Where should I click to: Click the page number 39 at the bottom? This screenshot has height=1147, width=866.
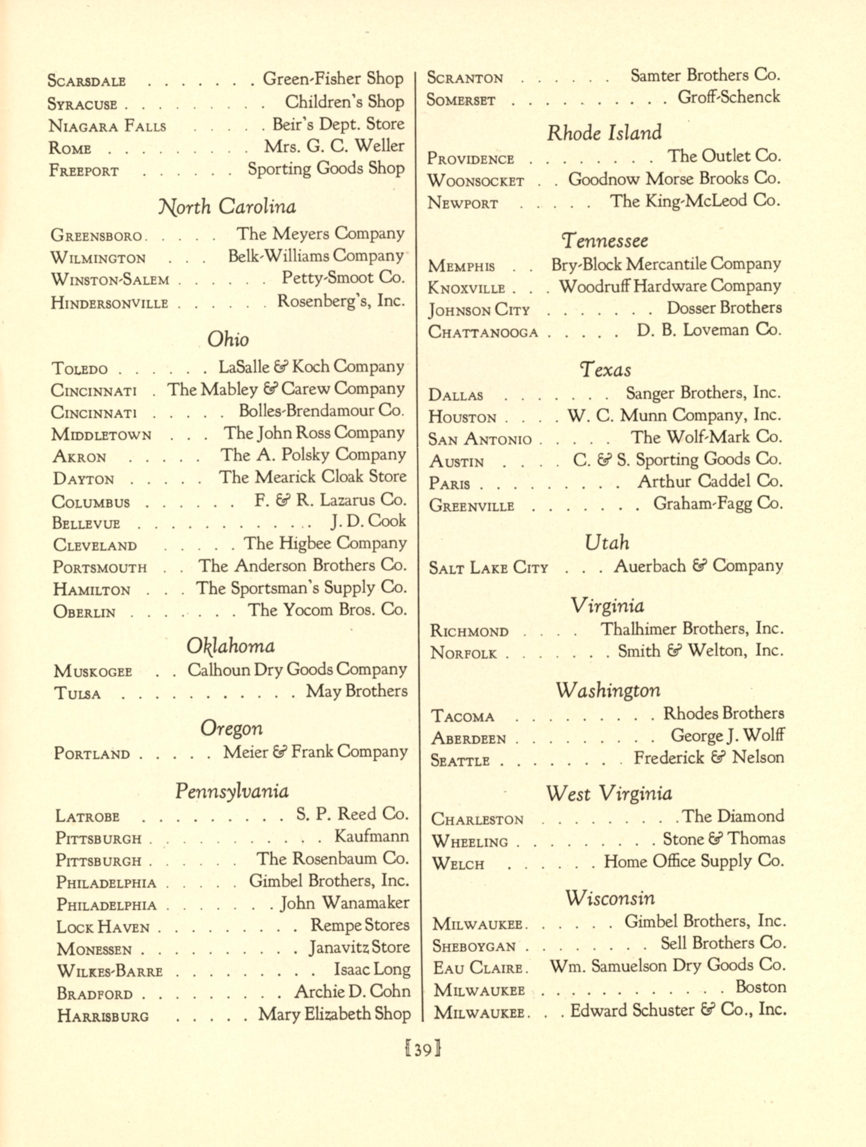click(423, 1049)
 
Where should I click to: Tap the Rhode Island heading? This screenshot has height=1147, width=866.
click(604, 133)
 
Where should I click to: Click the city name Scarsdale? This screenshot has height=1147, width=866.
click(87, 81)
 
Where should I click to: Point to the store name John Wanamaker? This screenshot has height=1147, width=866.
click(345, 904)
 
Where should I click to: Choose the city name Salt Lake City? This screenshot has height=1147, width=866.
click(488, 568)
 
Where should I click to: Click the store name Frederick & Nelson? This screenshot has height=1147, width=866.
click(709, 758)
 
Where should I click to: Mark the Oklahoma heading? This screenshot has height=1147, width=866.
click(231, 646)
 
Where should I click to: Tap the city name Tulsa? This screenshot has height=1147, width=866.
click(77, 694)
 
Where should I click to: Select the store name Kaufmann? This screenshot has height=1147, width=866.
click(372, 836)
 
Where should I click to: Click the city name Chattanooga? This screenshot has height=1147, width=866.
click(483, 332)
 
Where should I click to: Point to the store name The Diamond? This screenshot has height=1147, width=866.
click(733, 817)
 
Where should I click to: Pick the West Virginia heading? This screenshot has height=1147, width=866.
click(609, 793)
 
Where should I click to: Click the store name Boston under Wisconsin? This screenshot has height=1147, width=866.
click(761, 987)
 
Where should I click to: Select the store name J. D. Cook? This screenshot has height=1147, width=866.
click(369, 521)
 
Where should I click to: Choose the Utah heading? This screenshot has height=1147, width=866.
click(607, 543)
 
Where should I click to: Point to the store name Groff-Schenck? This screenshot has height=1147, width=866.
click(729, 97)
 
